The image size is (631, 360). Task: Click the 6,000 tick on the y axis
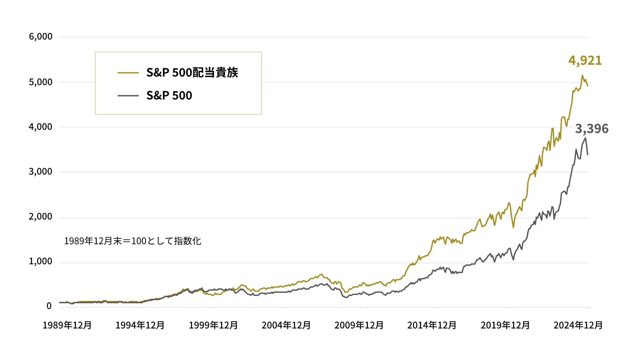40,37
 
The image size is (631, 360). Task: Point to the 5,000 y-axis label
40,82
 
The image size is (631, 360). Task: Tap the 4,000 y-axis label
40,127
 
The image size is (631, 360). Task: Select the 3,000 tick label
40,172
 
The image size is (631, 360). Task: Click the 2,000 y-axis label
40,217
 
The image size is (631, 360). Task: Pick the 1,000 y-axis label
40,261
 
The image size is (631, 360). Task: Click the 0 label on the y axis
49,306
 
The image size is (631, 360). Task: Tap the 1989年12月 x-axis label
67,325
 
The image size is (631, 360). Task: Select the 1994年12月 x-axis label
140,325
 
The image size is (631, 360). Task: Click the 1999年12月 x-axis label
213,325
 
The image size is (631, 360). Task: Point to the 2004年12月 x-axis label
286,325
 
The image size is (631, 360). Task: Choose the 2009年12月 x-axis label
359,325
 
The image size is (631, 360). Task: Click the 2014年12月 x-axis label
432,325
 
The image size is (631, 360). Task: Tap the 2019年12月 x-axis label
505,325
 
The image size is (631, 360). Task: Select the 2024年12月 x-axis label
578,325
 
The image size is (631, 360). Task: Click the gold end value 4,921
585,60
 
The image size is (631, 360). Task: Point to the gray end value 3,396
592,129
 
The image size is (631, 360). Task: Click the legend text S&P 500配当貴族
192,73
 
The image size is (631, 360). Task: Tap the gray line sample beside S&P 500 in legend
128,96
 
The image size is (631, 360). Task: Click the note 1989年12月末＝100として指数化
133,241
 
